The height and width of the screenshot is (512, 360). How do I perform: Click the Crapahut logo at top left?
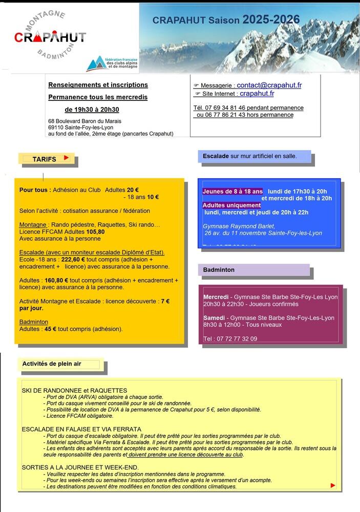(50, 37)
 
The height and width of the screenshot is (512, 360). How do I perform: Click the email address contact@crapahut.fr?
(269, 85)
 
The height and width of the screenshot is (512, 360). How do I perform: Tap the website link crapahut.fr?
(257, 94)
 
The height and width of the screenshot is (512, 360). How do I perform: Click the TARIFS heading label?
(44, 159)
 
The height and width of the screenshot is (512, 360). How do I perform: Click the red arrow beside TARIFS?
(66, 158)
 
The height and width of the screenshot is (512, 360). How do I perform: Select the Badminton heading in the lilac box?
(219, 269)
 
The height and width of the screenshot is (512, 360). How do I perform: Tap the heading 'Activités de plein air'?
(52, 364)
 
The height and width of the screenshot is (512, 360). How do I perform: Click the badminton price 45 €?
(50, 329)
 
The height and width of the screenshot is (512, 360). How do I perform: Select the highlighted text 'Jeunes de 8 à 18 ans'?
(232, 191)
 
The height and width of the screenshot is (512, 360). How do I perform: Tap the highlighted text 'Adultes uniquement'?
(231, 205)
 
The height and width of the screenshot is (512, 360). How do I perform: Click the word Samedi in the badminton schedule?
(213, 318)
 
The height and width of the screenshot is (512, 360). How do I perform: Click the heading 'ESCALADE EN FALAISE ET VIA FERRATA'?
(81, 429)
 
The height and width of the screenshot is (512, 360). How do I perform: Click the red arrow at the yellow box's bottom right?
(333, 485)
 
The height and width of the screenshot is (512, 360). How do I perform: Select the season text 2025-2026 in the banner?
(271, 20)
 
